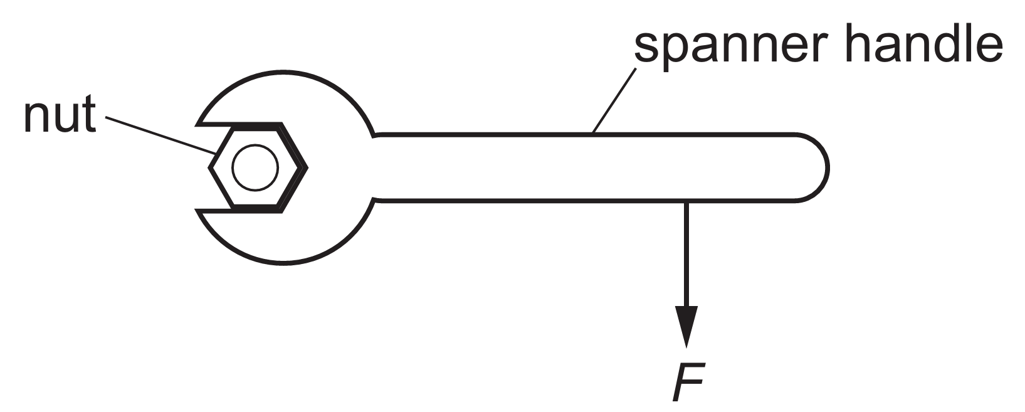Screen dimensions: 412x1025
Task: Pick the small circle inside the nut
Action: pyautogui.click(x=255, y=167)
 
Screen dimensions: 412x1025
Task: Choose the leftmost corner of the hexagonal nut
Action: pyautogui.click(x=211, y=167)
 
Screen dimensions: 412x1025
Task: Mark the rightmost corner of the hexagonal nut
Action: pyautogui.click(x=307, y=167)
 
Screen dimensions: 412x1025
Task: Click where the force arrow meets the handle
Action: pyautogui.click(x=686, y=201)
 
